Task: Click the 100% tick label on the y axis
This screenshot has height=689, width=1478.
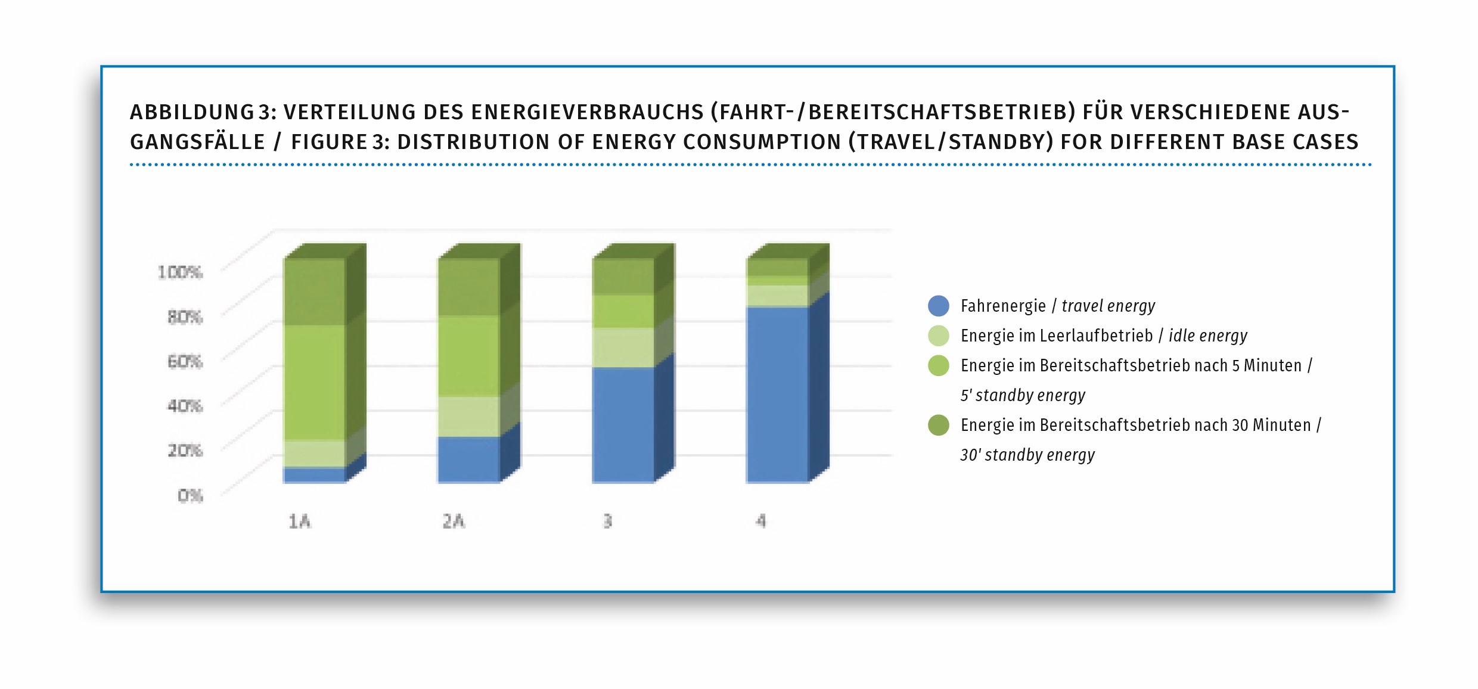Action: pos(180,272)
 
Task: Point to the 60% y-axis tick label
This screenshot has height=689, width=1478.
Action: pos(185,362)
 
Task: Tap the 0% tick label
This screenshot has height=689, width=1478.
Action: pos(190,495)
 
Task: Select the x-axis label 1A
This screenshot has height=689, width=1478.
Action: pos(300,522)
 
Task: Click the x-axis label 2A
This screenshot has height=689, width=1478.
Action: pos(454,522)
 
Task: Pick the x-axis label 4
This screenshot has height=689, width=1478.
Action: pos(761,522)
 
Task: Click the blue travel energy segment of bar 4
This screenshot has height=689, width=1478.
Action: pos(777,393)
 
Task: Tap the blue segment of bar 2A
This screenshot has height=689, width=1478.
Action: pos(468,458)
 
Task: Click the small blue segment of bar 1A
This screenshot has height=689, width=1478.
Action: pos(314,474)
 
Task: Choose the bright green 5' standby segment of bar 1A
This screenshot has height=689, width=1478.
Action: pos(314,382)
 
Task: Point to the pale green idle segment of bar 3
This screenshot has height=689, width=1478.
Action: pos(623,347)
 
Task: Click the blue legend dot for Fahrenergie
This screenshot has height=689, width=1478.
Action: pos(938,306)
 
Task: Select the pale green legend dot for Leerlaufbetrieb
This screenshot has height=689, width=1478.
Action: pos(938,336)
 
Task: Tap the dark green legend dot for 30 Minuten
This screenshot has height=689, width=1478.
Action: pos(938,425)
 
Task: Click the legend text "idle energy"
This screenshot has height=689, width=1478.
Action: pos(1207,336)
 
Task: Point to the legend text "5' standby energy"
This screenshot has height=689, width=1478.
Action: pos(1023,395)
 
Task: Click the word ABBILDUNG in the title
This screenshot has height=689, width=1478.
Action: pos(192,112)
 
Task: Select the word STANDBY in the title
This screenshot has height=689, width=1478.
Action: pos(1001,142)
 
